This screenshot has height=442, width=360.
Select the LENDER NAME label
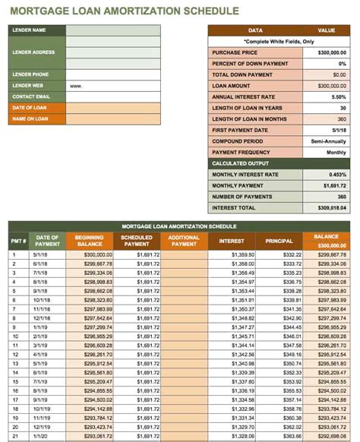29,30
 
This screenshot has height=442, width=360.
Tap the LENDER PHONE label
30,74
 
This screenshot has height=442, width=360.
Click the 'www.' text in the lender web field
76,86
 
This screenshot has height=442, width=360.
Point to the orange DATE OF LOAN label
30,108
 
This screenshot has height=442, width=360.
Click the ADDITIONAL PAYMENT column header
184,241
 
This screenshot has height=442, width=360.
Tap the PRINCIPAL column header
279,241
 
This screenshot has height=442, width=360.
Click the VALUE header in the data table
326,30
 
